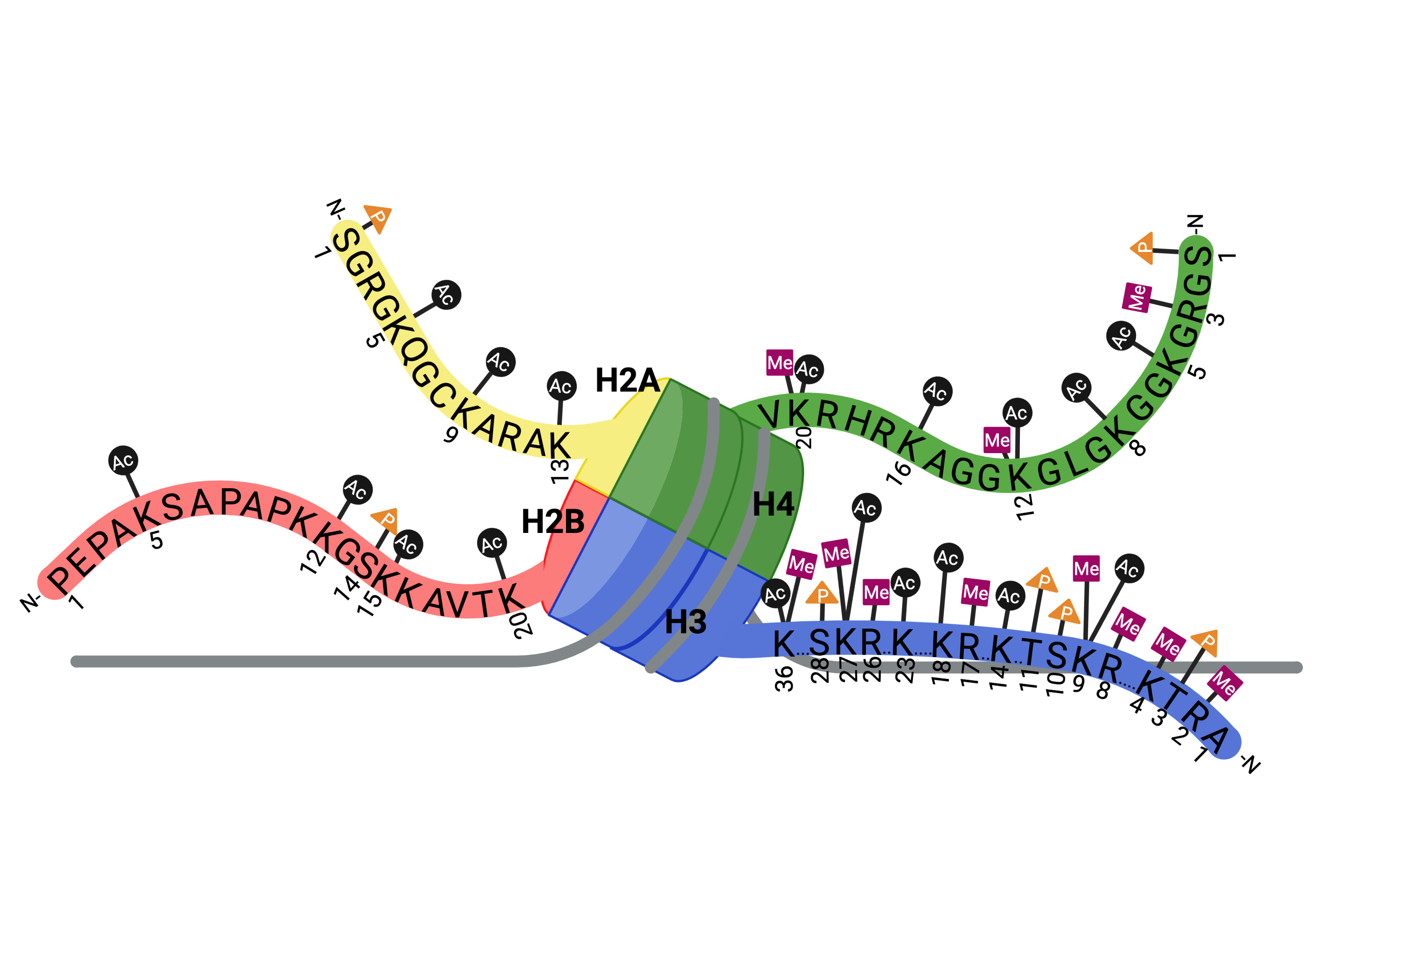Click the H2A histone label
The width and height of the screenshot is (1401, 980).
point(627,380)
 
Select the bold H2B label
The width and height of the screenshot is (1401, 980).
point(553,522)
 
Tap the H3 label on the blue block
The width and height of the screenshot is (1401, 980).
point(685,622)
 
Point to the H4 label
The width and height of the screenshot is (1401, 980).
point(773,504)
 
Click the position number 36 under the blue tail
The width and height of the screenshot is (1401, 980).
point(785,679)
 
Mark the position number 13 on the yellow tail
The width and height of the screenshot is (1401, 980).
point(559,471)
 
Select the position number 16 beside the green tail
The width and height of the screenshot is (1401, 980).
point(899,473)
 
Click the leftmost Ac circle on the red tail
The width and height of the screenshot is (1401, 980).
point(123,461)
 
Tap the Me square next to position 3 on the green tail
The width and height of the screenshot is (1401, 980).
point(1137,298)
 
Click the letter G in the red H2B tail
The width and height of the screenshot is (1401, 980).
point(347,553)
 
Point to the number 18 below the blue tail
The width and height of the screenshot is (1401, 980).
point(941,671)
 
